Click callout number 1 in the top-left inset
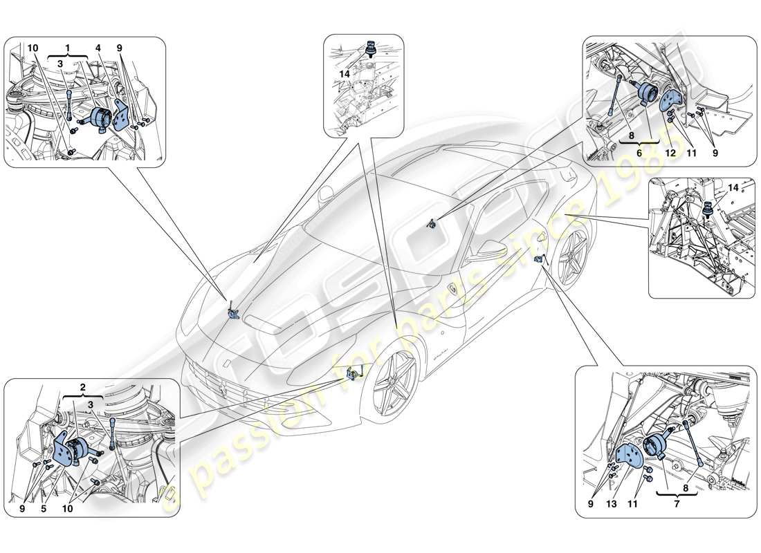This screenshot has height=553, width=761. pyautogui.click(x=68, y=48)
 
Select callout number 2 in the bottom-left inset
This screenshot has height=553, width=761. pyautogui.click(x=82, y=387)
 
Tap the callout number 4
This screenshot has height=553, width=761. pyautogui.click(x=98, y=48)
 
